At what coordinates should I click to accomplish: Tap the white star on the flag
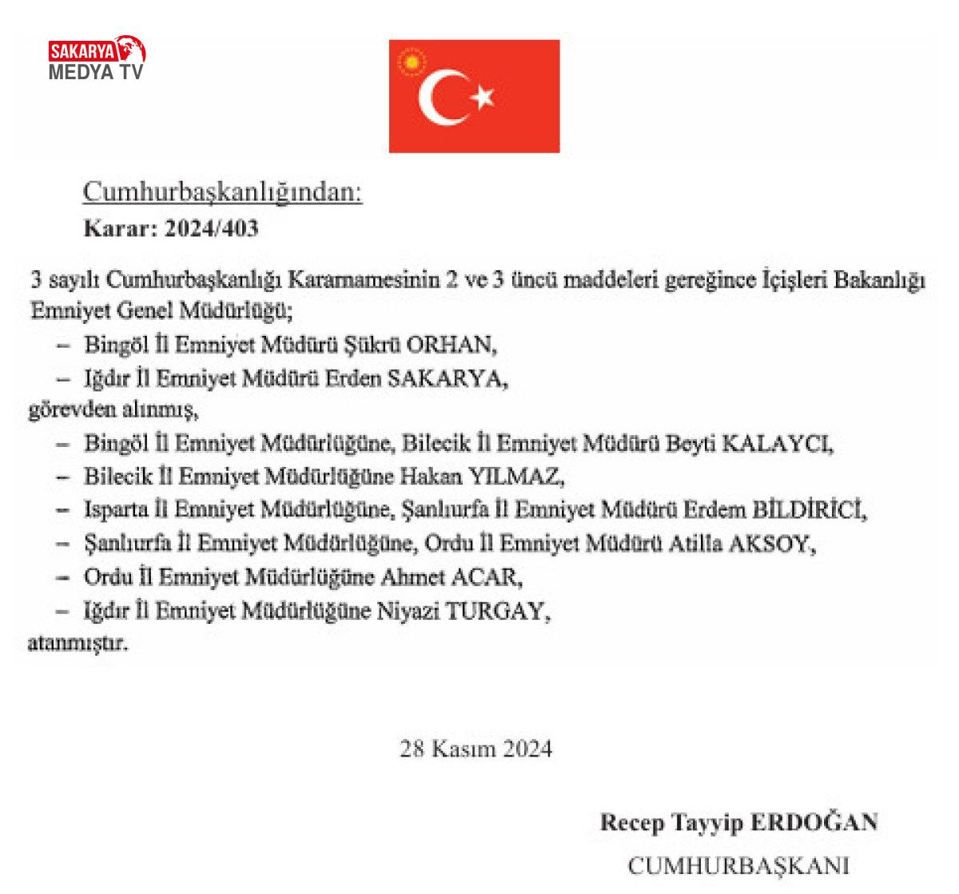tap(483, 97)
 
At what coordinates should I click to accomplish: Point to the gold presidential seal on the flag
tap(412, 62)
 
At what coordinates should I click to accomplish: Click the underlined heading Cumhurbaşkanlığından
tap(223, 193)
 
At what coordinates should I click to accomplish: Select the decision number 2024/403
tap(212, 229)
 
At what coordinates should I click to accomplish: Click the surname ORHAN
tap(451, 345)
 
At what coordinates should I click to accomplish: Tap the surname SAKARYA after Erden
tap(447, 378)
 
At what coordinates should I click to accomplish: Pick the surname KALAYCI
tap(777, 444)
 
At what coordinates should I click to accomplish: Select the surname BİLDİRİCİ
tap(809, 510)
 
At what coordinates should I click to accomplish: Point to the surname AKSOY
tap(774, 544)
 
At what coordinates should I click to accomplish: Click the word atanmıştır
tap(78, 644)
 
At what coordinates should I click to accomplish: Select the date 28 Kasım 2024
tap(476, 749)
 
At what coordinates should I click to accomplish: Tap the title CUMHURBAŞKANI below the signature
tap(738, 866)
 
